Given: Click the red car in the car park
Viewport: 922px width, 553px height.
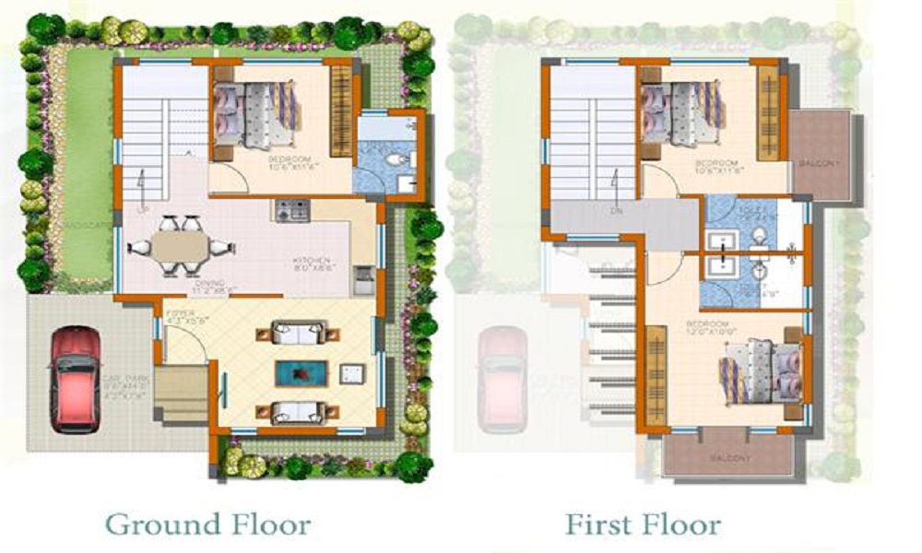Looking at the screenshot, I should click(x=76, y=379).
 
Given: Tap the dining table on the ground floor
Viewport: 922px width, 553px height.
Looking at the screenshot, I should click(x=181, y=246).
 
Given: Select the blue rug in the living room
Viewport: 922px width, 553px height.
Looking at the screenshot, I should click(x=301, y=372).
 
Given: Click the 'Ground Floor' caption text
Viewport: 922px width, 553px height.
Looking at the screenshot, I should click(x=207, y=525).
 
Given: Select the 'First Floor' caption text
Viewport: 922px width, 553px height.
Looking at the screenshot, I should click(x=643, y=525).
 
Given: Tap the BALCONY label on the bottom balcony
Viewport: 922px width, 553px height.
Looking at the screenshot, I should click(x=730, y=458).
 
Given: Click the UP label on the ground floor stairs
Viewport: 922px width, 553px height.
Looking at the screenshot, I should click(x=142, y=209).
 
